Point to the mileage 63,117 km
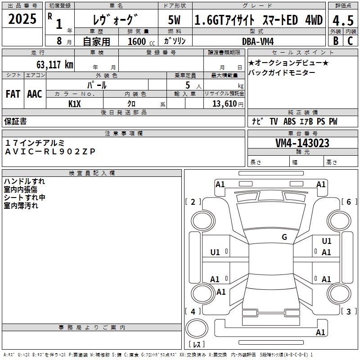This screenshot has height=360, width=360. (x=50, y=64)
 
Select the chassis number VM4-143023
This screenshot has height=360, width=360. (x=302, y=143)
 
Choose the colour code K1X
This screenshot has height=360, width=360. (x=75, y=103)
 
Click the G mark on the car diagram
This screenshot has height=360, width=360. (x=284, y=237)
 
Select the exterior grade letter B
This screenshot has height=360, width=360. (x=335, y=40)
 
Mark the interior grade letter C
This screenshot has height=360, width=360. (x=350, y=40)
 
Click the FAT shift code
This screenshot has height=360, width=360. (x=13, y=94)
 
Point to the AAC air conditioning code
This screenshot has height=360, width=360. (x=35, y=94)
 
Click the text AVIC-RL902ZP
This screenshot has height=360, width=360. (x=50, y=152)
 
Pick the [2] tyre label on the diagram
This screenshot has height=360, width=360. (x=193, y=202)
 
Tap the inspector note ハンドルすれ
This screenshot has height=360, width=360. (x=24, y=181)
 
